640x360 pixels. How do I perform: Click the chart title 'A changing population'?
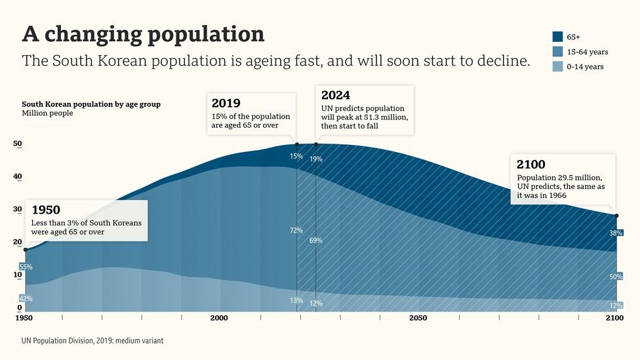143,33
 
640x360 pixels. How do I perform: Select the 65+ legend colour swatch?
558,37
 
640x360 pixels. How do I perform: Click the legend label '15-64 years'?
587,52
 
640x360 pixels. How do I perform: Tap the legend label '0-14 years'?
585,67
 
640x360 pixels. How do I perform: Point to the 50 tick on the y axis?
18,144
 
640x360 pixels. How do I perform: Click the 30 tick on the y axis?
18,209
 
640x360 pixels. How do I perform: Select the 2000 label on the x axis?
219,318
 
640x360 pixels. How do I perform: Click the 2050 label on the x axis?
418,318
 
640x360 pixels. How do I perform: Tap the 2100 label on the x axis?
614,318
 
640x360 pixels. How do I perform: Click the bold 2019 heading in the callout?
226,103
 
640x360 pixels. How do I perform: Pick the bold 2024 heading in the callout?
336,95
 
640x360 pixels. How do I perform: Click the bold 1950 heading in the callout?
46,210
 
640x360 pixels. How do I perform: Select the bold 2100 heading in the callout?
530,165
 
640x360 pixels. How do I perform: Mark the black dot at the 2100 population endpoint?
616,216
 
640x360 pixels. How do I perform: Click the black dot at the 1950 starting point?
26,250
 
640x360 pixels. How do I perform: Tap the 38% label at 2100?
616,233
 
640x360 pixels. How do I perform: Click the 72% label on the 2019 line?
296,230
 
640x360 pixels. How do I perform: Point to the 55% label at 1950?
26,267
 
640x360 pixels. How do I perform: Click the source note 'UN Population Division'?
92,341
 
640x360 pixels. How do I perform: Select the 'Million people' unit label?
47,113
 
